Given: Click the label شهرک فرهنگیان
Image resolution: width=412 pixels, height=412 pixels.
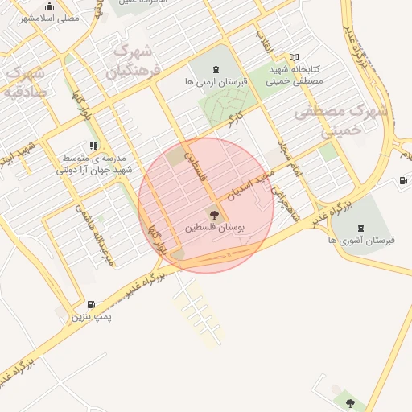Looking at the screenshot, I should (x=133, y=60).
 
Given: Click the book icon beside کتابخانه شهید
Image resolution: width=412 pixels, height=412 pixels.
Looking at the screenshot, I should (x=295, y=56).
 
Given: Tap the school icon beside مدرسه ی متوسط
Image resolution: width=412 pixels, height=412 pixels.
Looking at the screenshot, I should (x=93, y=146).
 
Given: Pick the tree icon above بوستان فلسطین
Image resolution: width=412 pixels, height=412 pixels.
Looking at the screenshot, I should (x=213, y=214).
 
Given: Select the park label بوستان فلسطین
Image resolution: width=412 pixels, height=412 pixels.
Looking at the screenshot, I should (x=214, y=229).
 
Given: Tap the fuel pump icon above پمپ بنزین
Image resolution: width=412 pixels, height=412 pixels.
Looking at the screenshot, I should (x=91, y=304).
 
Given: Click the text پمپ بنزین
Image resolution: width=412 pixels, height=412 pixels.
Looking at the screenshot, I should (x=92, y=318).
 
